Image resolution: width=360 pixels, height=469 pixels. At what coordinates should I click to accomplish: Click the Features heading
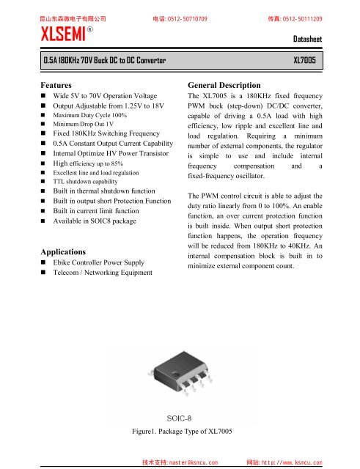click(x=60, y=85)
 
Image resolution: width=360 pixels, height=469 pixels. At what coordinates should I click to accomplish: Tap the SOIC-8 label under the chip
click(x=180, y=416)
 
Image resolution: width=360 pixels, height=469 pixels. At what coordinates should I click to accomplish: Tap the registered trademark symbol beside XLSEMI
click(x=89, y=29)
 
